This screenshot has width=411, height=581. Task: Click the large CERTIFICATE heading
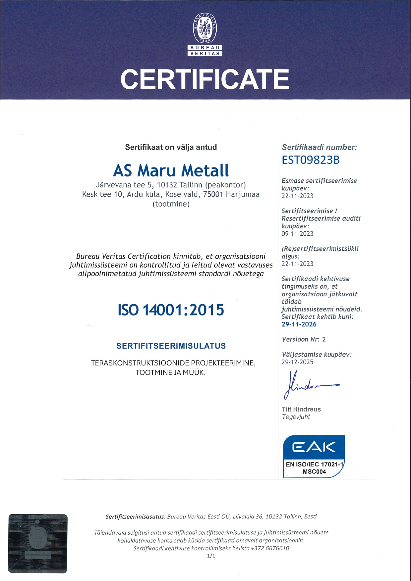tap(205, 79)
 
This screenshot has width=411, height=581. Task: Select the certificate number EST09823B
tap(311, 160)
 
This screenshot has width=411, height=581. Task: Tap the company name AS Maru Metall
tap(171, 170)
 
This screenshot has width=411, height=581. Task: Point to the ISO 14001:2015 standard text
tap(171, 310)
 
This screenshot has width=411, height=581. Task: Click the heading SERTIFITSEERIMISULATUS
tap(171, 346)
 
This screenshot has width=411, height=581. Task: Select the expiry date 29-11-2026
tap(299, 324)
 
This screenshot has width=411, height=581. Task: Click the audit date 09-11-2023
tap(297, 234)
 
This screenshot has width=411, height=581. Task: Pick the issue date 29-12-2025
tap(297, 362)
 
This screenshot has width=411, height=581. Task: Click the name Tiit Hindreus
tap(301, 410)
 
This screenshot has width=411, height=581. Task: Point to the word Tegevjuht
tap(296, 417)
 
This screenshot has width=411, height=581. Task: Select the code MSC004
tap(314, 472)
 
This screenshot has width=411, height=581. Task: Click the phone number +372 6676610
tap(270, 548)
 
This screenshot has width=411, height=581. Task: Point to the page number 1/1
tap(211, 556)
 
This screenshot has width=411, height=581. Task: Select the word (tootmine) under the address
tap(171, 204)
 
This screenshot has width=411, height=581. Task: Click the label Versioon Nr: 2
tap(304, 339)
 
